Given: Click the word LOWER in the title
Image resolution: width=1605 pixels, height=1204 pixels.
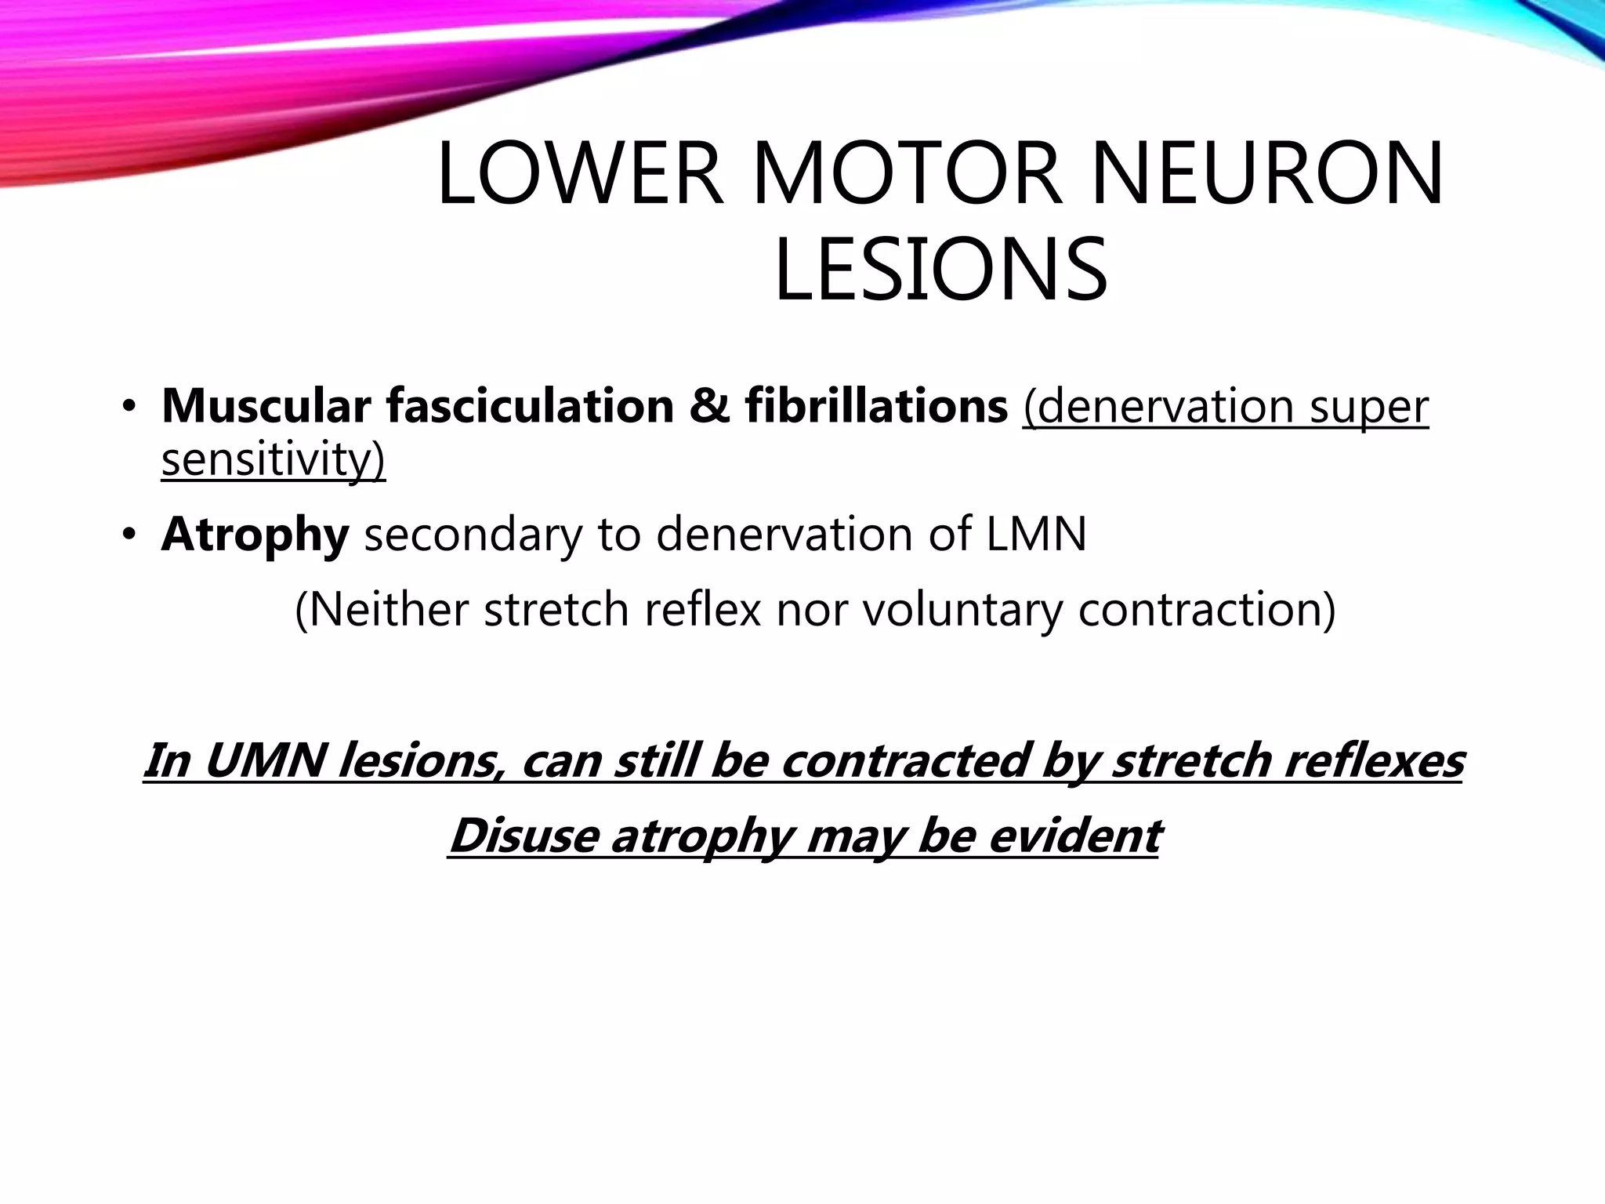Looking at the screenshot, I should pyautogui.click(x=579, y=174).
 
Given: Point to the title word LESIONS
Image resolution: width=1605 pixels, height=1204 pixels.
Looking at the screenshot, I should pyautogui.click(x=940, y=270).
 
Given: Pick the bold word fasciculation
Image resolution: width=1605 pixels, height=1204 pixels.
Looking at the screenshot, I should pyautogui.click(x=530, y=407).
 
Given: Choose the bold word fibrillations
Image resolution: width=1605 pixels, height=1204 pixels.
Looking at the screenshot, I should pyautogui.click(x=876, y=407).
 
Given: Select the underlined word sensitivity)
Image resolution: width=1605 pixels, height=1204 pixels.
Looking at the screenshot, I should pyautogui.click(x=273, y=459).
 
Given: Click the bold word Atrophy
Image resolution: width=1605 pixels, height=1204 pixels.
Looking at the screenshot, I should pyautogui.click(x=255, y=536).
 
